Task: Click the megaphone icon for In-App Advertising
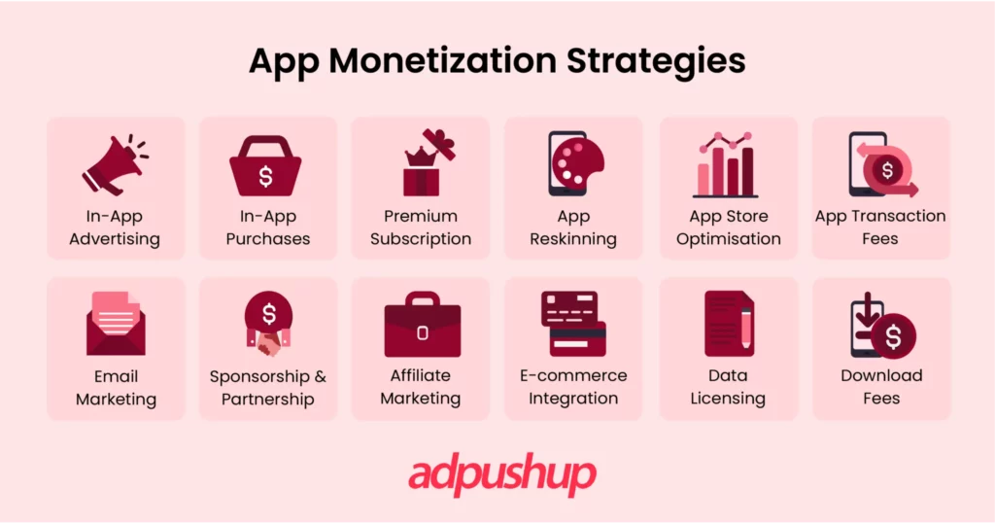click(115, 164)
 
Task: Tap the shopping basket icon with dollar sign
click(265, 166)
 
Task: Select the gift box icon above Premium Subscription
click(421, 163)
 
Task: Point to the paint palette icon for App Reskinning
click(573, 164)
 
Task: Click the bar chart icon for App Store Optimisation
click(727, 166)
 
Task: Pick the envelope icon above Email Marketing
click(115, 324)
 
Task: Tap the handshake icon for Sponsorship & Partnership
click(268, 325)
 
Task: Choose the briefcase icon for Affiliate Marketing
click(422, 326)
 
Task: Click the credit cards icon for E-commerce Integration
click(573, 324)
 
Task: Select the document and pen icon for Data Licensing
click(728, 324)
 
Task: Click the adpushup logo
click(501, 475)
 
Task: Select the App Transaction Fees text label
click(880, 227)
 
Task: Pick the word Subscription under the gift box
click(421, 239)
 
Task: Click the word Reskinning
click(573, 239)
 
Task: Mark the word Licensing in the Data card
click(728, 399)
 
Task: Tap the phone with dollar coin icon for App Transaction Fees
click(880, 165)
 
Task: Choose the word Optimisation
click(729, 239)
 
